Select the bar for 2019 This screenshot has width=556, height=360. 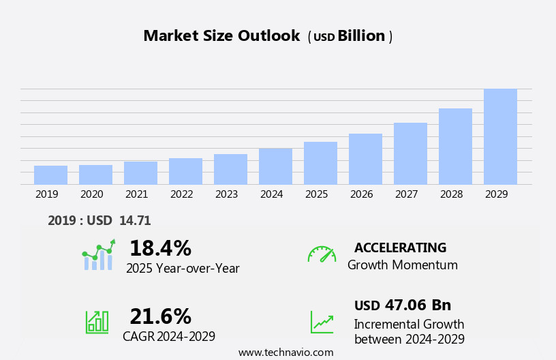[50, 175]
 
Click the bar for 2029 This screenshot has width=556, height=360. [500, 137]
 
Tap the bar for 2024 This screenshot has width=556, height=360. [275, 166]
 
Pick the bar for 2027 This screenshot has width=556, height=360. [410, 153]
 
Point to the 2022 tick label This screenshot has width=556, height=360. [181, 194]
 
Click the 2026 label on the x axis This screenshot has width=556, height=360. [361, 194]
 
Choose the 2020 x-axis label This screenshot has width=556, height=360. [91, 194]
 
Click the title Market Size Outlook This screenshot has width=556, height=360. [221, 36]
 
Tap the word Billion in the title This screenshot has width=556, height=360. [361, 36]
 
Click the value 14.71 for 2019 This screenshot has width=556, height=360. [135, 221]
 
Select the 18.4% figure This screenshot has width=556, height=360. [160, 248]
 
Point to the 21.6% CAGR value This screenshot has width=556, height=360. [160, 316]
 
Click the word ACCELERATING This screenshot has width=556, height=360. [400, 248]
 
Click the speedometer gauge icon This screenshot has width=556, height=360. [322, 254]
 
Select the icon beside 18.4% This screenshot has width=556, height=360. [98, 255]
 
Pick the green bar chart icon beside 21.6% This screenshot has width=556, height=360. [97, 321]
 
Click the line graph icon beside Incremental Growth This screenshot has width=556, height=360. [322, 322]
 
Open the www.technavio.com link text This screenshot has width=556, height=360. [285, 352]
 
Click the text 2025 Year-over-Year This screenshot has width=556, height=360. [183, 269]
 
